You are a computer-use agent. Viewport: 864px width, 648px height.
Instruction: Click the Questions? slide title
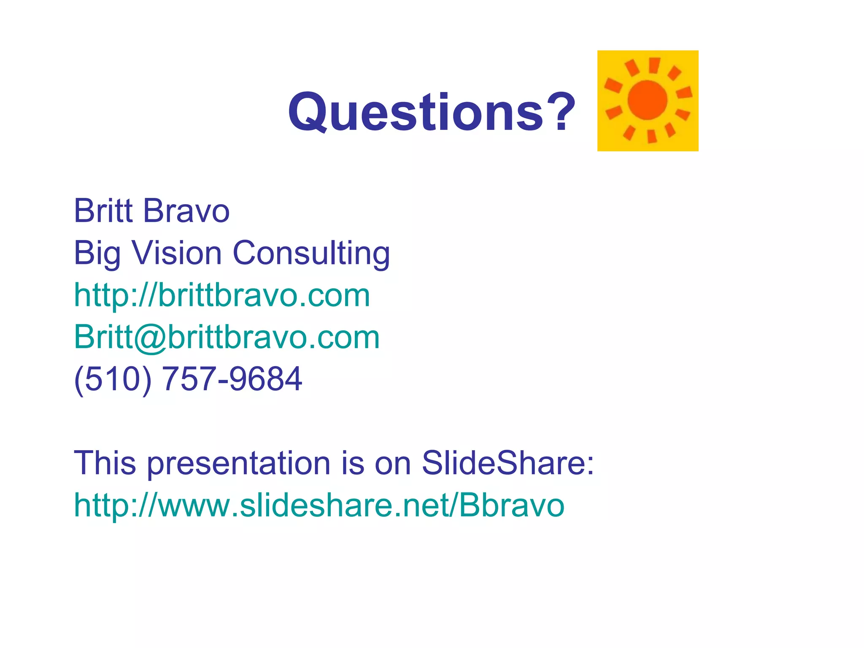tap(431, 112)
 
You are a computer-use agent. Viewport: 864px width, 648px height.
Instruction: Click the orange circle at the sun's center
tap(648, 100)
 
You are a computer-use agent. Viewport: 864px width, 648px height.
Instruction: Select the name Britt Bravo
tap(151, 211)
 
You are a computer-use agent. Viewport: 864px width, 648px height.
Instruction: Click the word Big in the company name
tap(97, 253)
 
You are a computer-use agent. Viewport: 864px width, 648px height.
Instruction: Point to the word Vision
tap(177, 253)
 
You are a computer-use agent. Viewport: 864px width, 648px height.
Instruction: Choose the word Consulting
tap(311, 253)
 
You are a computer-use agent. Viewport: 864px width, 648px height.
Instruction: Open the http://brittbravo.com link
tap(222, 295)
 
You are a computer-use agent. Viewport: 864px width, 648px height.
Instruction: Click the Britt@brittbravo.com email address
tap(227, 337)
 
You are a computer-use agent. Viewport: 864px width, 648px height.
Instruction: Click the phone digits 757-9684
tap(232, 378)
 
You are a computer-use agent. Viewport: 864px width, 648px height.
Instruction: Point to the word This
tap(105, 463)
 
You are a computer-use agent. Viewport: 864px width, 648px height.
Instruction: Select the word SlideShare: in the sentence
tap(508, 463)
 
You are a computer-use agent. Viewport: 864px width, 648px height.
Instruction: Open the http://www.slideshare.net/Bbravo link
tap(319, 505)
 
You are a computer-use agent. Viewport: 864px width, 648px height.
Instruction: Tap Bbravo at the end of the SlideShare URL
tap(511, 505)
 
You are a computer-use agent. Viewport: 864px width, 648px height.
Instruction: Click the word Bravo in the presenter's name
tap(186, 211)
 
